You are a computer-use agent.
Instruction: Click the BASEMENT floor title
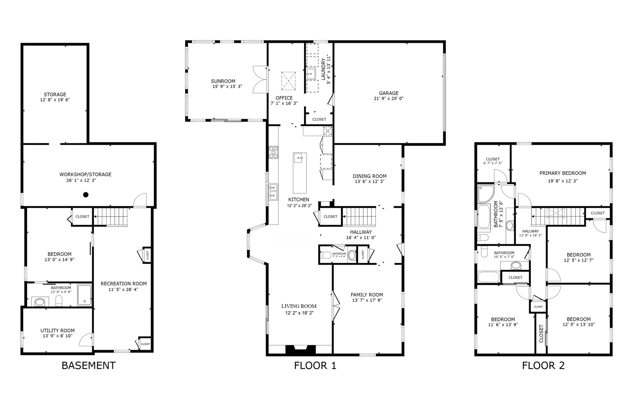tap(88, 365)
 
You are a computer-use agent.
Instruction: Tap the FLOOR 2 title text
tap(543, 365)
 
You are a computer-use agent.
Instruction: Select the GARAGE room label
tap(389, 93)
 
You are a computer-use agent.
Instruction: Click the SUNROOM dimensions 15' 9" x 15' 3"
tap(227, 87)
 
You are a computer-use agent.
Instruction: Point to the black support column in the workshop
tap(86, 195)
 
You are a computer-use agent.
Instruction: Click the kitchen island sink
tap(299, 157)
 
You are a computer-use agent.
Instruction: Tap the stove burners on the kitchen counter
tap(273, 152)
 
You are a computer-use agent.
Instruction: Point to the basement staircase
tap(112, 217)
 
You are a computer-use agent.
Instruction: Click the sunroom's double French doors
tap(259, 79)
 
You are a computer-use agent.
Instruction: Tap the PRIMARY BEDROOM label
tap(562, 173)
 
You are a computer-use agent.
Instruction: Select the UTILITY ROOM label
tap(57, 331)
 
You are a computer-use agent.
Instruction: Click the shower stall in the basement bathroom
tap(84, 295)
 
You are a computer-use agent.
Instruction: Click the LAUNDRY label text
tap(323, 69)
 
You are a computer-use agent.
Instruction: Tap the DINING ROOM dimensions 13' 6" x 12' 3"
tap(369, 182)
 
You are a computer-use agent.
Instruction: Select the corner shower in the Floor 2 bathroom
tap(485, 194)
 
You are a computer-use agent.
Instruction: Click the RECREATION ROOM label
tap(124, 284)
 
